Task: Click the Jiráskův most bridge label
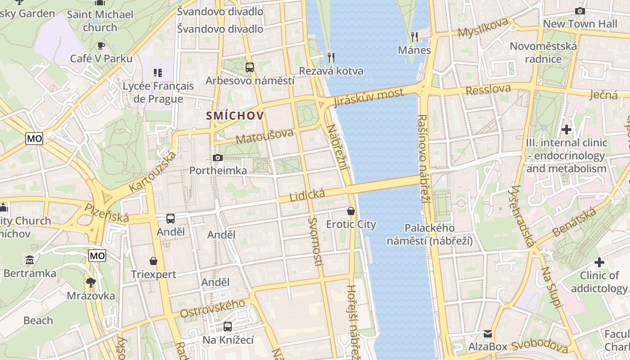369,97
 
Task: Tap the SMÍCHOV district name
234,116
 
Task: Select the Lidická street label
307,195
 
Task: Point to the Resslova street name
488,90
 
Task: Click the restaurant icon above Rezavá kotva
331,57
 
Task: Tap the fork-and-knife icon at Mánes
414,36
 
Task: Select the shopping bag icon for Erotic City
351,211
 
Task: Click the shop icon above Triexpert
153,261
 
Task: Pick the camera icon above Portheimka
218,157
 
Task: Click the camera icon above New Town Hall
580,11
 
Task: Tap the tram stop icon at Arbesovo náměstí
250,67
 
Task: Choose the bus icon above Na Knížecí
228,327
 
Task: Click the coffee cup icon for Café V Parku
101,45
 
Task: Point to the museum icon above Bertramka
30,260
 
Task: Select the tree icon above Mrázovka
90,283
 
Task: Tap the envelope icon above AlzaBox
487,334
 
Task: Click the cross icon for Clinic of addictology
599,262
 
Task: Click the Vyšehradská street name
522,216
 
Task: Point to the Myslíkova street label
483,27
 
